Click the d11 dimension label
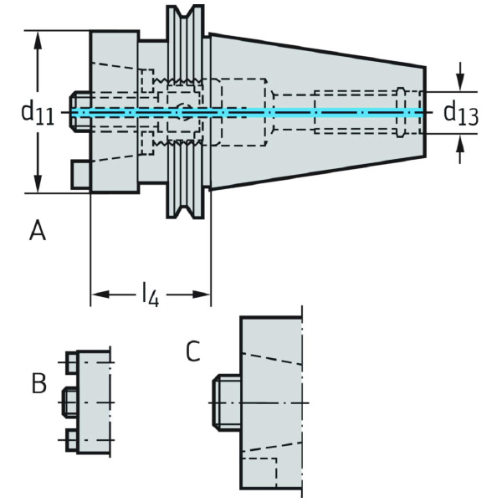tap(37, 112)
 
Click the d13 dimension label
tap(460, 113)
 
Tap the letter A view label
tap(37, 230)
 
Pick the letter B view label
tap(38, 384)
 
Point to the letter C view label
tap(193, 351)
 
